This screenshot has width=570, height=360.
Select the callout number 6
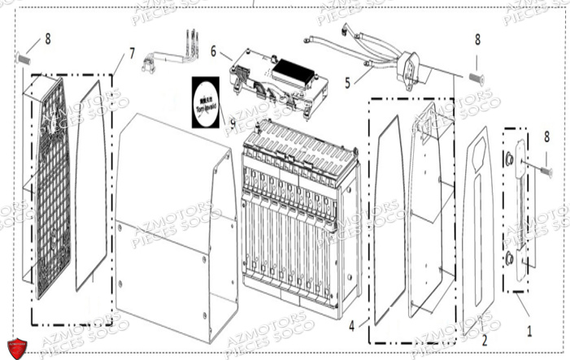(213, 50)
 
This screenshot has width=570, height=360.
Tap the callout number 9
(233, 124)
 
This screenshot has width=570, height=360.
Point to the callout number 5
(346, 82)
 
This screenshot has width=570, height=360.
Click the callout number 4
(353, 327)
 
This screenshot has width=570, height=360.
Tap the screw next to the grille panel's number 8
(24, 59)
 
